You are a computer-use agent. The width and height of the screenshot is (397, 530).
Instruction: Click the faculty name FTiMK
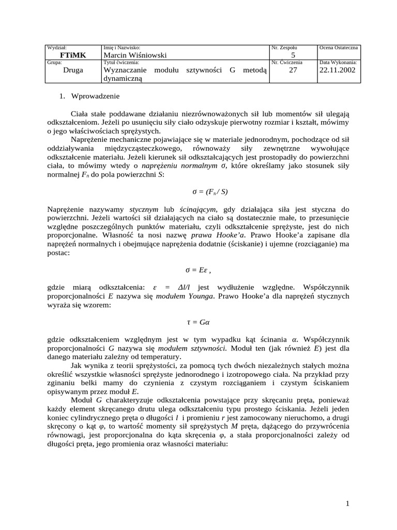pyautogui.click(x=73, y=55)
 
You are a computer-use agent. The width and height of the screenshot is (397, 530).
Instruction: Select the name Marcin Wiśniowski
pyautogui.click(x=135, y=55)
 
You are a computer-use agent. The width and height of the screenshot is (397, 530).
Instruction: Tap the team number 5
pyautogui.click(x=293, y=55)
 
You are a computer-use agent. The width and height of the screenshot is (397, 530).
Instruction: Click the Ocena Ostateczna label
pyautogui.click(x=339, y=48)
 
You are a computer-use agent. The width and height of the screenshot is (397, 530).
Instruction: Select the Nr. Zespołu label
pyautogui.click(x=284, y=48)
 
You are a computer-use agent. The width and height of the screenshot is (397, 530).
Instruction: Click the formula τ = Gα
pyautogui.click(x=198, y=322)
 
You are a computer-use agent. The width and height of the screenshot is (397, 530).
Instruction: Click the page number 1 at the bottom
pyautogui.click(x=348, y=504)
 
